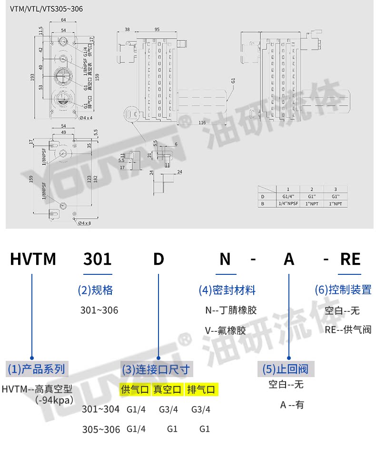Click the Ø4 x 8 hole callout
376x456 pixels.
84,223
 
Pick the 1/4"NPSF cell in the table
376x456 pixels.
287,204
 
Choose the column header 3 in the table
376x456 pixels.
335,189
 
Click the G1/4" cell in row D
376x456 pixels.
287,196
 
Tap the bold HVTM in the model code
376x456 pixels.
33,259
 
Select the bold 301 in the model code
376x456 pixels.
98,259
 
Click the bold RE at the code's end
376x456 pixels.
350,259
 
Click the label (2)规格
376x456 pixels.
95,290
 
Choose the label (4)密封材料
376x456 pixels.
227,290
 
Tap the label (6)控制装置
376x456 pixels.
343,289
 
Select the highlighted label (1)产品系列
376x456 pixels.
36,369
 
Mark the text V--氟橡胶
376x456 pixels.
225,330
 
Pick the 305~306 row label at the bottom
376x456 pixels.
101,429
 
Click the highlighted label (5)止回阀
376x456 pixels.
286,369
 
